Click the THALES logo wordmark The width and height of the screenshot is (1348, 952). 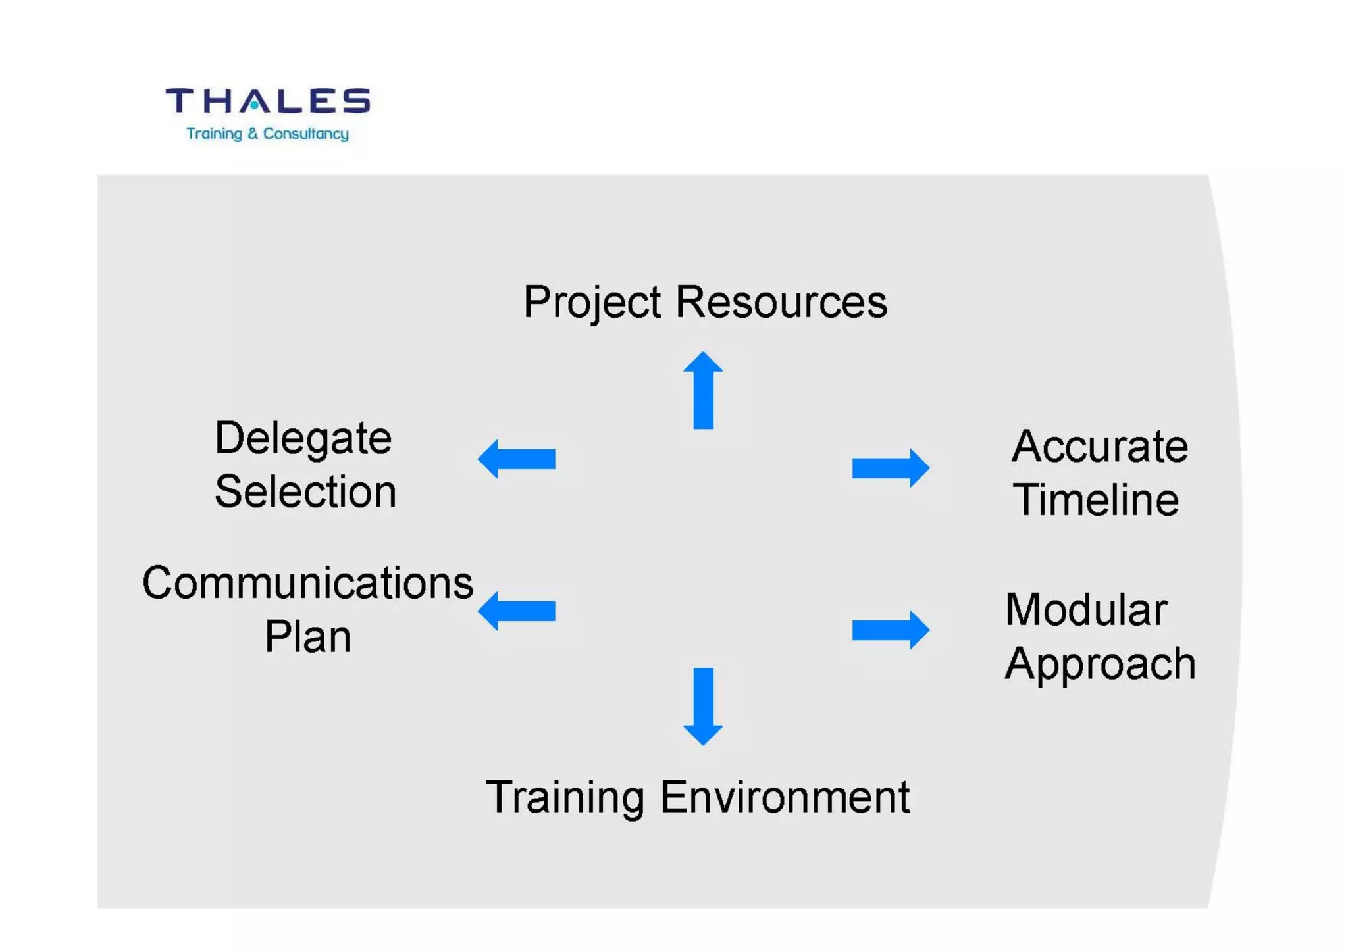click(x=267, y=101)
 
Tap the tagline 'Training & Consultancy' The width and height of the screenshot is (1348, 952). click(x=267, y=134)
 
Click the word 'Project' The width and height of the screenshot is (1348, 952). click(x=592, y=303)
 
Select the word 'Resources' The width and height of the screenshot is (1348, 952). click(x=781, y=303)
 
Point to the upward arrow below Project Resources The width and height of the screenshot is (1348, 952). click(x=703, y=391)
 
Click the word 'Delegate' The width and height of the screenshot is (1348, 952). click(x=303, y=438)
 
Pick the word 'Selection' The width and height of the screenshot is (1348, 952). click(x=305, y=491)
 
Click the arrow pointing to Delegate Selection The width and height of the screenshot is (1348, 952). click(x=517, y=459)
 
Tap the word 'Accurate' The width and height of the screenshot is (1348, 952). click(x=1100, y=447)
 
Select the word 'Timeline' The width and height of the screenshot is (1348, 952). click(x=1096, y=500)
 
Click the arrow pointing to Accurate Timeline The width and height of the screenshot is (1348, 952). click(x=890, y=468)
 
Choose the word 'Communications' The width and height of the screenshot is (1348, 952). click(x=308, y=583)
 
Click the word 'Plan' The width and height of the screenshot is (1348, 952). click(x=308, y=637)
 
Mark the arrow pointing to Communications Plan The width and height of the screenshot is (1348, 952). click(x=517, y=611)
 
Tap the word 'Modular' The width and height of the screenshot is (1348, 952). click(x=1087, y=610)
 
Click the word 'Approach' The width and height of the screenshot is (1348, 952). click(x=1100, y=664)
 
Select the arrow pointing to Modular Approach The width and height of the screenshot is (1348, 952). click(x=890, y=630)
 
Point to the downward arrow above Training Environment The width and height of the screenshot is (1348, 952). click(x=703, y=706)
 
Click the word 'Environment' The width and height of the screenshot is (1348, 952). click(x=785, y=797)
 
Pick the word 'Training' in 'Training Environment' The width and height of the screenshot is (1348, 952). click(x=565, y=797)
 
